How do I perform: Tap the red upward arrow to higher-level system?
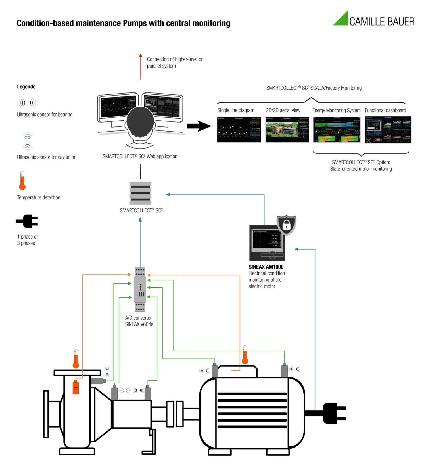point(140,67)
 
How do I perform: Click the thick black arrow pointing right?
point(199,126)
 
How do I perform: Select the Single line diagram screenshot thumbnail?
point(239,129)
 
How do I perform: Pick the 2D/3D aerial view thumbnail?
point(287,129)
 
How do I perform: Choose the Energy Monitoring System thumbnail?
point(337,129)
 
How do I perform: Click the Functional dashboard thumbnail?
point(388,129)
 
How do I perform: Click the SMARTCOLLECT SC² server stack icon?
point(140,193)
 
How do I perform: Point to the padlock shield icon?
point(287,225)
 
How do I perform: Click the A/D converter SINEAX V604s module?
point(140,289)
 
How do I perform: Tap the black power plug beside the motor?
point(334,413)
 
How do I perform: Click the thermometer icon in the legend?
point(22,181)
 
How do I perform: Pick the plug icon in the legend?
point(27,221)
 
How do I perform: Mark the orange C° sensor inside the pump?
point(76,387)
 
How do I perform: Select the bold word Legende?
point(26,87)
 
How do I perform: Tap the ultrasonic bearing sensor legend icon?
point(27,103)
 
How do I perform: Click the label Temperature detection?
point(39,198)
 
